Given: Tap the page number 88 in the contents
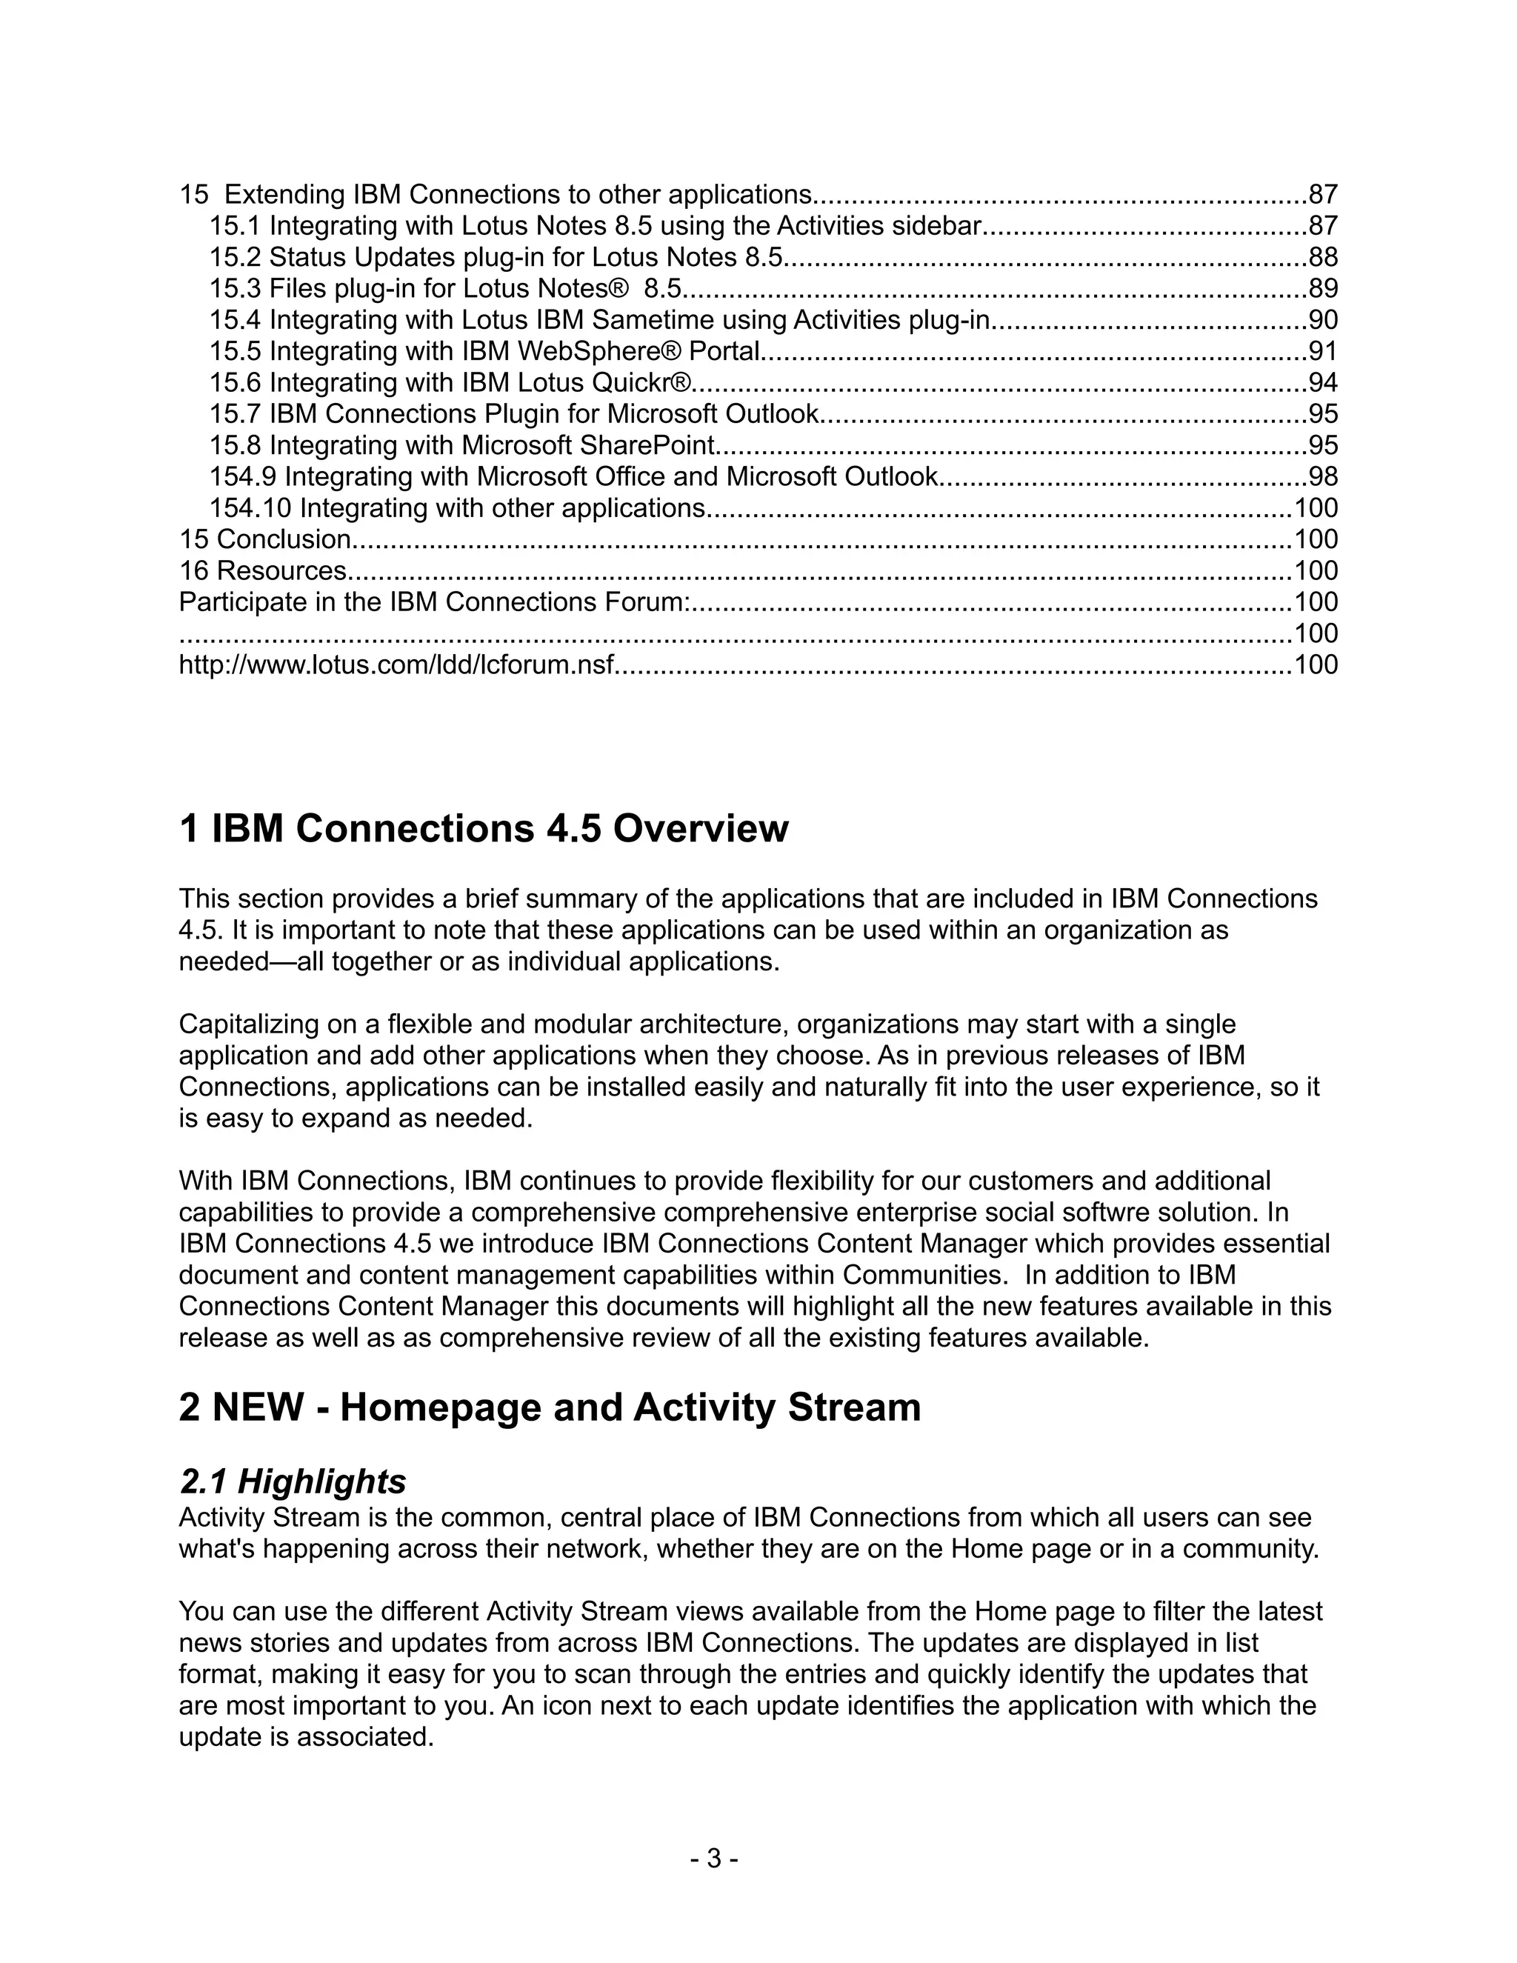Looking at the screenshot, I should [x=1323, y=258].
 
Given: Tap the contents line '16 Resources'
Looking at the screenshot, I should [x=263, y=570].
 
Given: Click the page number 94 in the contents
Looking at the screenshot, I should [x=1323, y=383].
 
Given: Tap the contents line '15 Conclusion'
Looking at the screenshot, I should [x=266, y=539].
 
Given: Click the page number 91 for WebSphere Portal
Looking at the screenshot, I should [x=1323, y=351].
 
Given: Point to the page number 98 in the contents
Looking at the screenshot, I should [x=1323, y=477].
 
